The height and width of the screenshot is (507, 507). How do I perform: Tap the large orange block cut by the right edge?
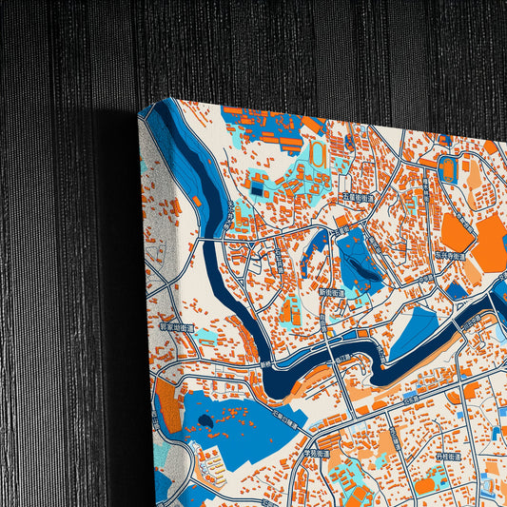[493, 243]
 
